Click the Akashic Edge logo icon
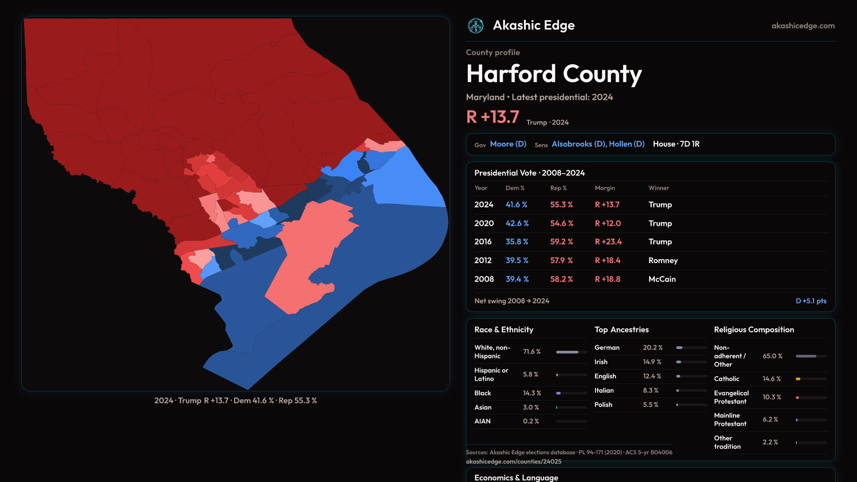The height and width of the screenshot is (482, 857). click(476, 26)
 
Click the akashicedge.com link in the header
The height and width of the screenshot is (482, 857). click(803, 26)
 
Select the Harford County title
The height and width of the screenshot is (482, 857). click(554, 74)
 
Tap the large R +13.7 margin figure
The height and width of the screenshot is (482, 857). click(492, 117)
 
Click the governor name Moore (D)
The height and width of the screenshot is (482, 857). click(508, 144)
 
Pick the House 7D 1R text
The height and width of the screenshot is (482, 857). click(676, 144)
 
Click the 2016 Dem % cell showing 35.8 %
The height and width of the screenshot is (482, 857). click(517, 242)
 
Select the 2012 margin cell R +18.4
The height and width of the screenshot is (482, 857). click(607, 261)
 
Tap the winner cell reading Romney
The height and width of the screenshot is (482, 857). click(663, 261)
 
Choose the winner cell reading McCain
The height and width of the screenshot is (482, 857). click(662, 279)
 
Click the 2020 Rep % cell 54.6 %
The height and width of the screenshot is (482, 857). click(562, 224)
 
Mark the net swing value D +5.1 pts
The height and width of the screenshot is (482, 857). click(811, 301)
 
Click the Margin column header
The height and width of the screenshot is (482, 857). click(605, 188)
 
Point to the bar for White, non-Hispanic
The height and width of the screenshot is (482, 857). click(567, 352)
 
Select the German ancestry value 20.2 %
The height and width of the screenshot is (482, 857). click(653, 348)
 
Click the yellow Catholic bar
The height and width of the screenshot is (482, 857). click(798, 379)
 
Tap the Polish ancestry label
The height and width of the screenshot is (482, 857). click(603, 405)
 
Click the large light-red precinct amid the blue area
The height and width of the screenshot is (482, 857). click(308, 254)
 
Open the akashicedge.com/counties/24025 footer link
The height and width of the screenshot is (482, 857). click(513, 462)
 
